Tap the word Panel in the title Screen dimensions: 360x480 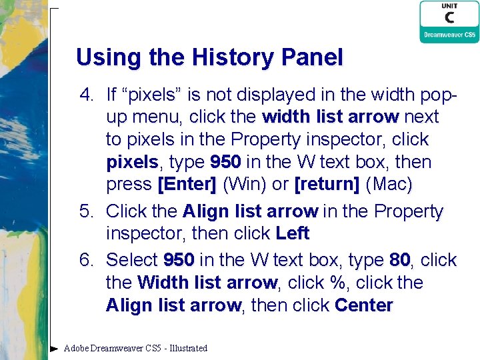[x=313, y=57]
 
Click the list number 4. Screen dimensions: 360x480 [x=86, y=94]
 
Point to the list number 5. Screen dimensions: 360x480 [x=86, y=211]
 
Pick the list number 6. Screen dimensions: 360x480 [x=86, y=259]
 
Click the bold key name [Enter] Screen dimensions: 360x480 [x=186, y=184]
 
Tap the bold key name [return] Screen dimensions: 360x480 [x=326, y=184]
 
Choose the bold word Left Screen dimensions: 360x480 [x=293, y=234]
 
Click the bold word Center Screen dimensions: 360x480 [x=364, y=306]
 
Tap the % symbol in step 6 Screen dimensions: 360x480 [x=339, y=283]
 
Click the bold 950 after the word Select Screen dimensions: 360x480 [x=179, y=259]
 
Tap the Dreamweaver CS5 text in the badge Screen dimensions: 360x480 [x=449, y=35]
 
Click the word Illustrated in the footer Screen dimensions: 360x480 [x=189, y=348]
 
